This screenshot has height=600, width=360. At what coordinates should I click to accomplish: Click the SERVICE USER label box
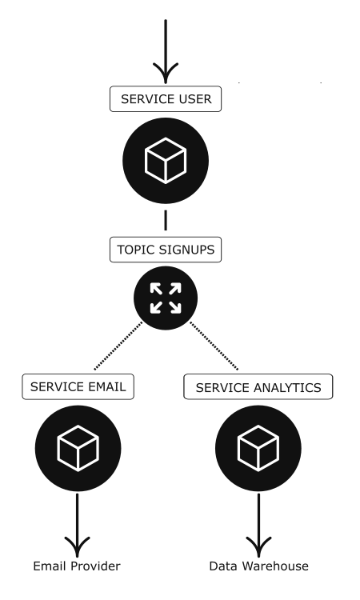pyautogui.click(x=166, y=99)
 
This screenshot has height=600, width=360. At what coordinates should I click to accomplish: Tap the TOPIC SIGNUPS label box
pyautogui.click(x=166, y=250)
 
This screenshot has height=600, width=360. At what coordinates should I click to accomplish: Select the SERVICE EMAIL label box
pyautogui.click(x=78, y=387)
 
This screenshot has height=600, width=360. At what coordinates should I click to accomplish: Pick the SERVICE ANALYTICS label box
pyautogui.click(x=258, y=387)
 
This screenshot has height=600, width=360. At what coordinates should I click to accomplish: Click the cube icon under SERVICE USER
pyautogui.click(x=166, y=161)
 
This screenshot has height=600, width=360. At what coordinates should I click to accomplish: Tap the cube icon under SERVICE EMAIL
pyautogui.click(x=78, y=449)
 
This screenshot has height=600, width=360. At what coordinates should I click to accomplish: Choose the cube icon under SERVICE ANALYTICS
pyautogui.click(x=258, y=449)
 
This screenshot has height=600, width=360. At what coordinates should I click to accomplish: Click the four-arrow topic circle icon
pyautogui.click(x=166, y=298)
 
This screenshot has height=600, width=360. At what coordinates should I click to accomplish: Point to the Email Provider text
pyautogui.click(x=77, y=566)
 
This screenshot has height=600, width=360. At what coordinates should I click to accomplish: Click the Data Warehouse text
pyautogui.click(x=258, y=566)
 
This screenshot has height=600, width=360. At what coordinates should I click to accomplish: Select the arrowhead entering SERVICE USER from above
pyautogui.click(x=166, y=73)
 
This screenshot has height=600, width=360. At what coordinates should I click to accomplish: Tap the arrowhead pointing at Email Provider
pyautogui.click(x=78, y=546)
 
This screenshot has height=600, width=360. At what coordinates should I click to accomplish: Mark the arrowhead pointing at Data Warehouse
pyautogui.click(x=258, y=546)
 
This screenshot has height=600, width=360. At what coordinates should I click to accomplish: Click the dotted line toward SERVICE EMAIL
pyautogui.click(x=118, y=346)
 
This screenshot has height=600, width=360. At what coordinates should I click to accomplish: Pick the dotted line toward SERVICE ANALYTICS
pyautogui.click(x=214, y=346)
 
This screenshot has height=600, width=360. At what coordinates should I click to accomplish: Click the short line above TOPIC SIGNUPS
pyautogui.click(x=166, y=221)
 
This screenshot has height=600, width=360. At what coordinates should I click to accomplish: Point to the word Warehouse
pyautogui.click(x=275, y=566)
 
